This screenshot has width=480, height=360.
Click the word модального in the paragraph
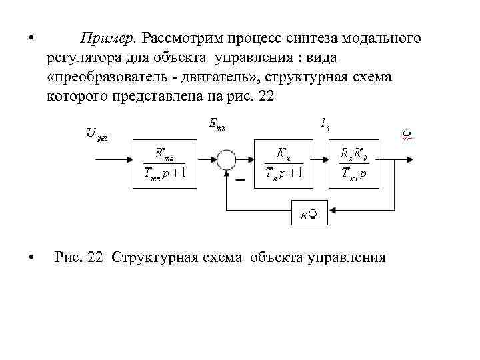386,38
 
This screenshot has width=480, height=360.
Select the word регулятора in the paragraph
82,57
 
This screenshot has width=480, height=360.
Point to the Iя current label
325,123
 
